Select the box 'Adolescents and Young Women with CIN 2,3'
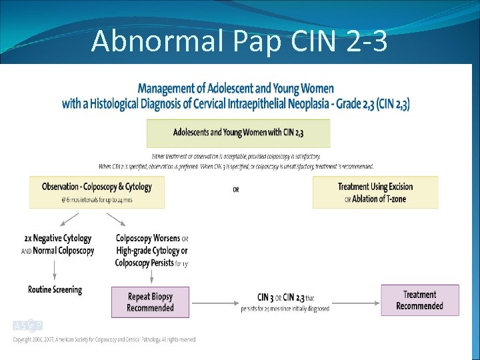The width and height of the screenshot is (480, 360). [x=238, y=133]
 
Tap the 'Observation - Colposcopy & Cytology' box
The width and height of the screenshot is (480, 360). [x=97, y=192]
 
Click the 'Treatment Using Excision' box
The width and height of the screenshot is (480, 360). [x=375, y=187]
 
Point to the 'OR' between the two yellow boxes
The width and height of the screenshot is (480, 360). [x=236, y=190]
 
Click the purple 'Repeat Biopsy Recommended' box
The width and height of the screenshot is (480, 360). [x=150, y=302]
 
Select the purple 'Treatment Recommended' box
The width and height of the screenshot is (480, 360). [x=419, y=300]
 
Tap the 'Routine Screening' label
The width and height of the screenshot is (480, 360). [x=55, y=290]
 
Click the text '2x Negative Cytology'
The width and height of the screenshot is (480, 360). [x=58, y=238]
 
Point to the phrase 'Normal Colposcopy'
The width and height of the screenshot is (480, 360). [x=63, y=251]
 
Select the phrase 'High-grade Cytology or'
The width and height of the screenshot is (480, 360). [x=152, y=251]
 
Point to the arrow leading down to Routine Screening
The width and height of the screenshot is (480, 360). [x=55, y=271]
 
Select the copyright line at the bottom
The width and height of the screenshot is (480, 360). [x=105, y=340]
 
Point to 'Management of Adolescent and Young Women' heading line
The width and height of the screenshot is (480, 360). [x=236, y=89]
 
